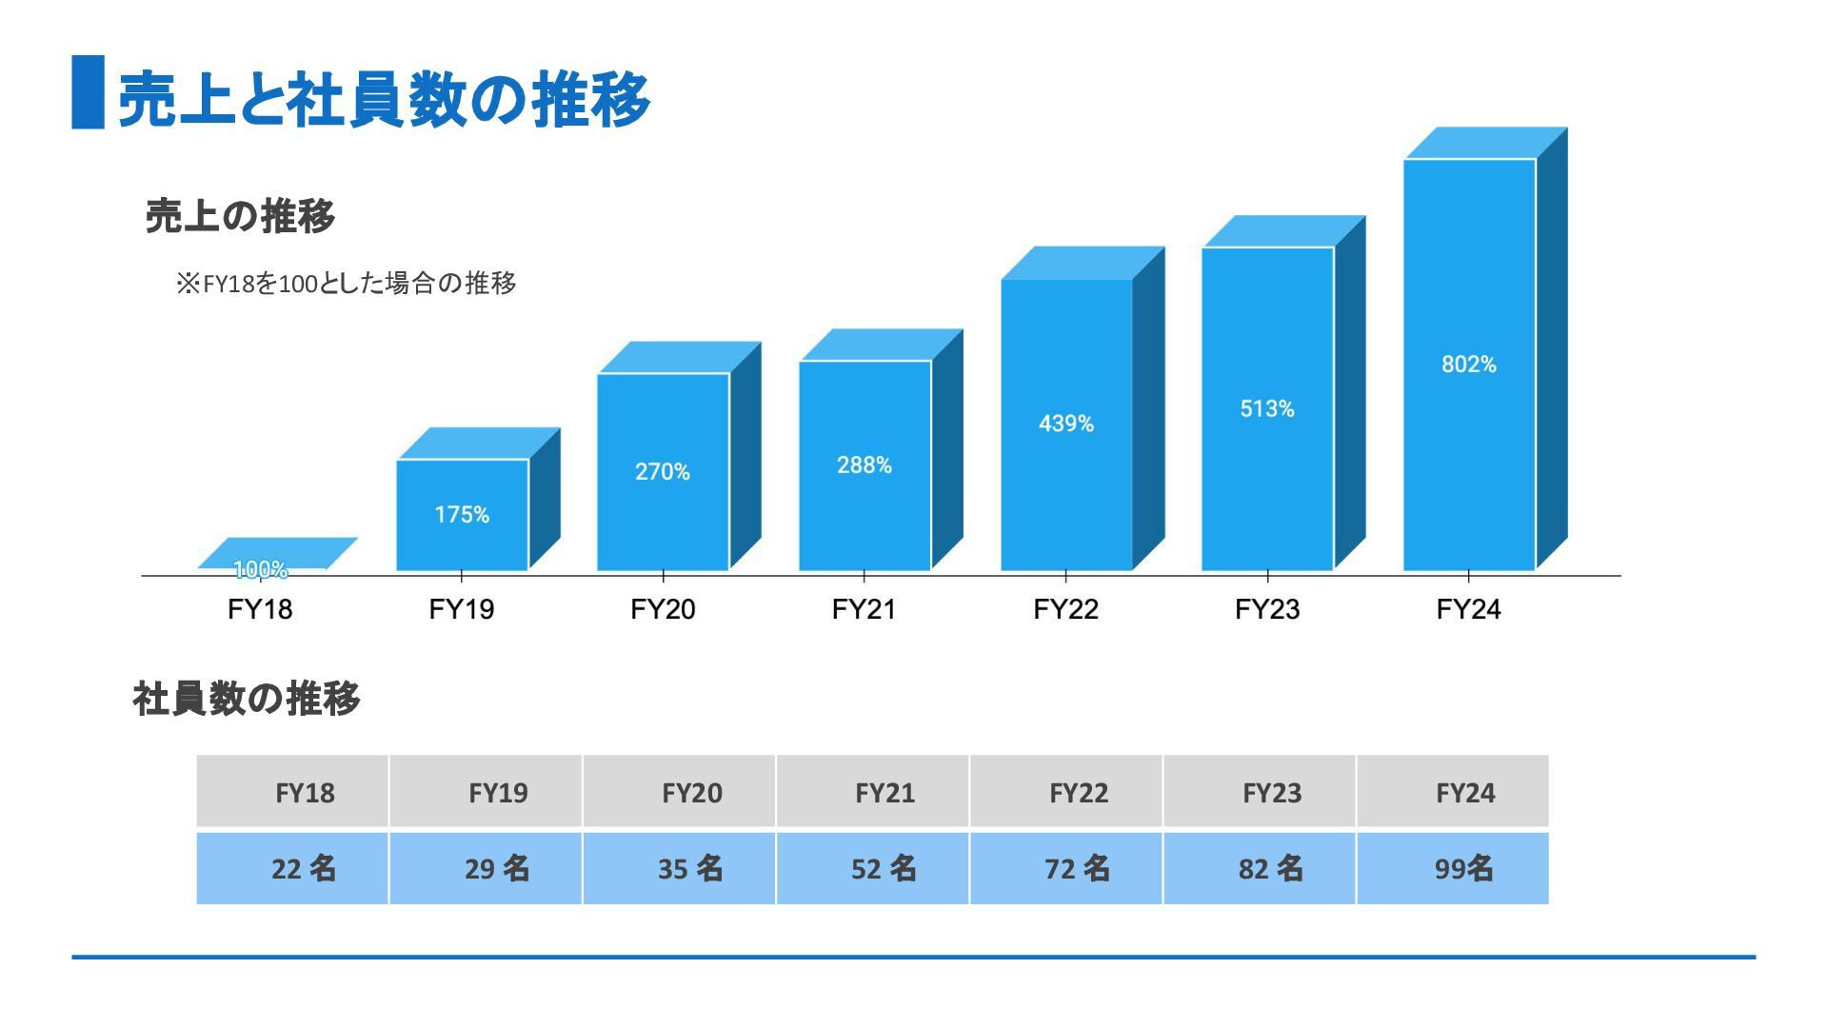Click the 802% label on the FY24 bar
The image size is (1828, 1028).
coord(1468,365)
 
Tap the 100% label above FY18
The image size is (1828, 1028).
coord(260,569)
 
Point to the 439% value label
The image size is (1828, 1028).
coord(1065,424)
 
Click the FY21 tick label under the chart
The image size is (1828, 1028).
coord(864,609)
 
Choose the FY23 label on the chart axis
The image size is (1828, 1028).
coord(1266,609)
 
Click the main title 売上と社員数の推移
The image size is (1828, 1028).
coord(384,98)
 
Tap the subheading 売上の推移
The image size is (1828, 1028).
coord(240,216)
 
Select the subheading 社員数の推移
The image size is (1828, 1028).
coord(247,699)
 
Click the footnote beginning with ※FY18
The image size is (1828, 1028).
coord(346,284)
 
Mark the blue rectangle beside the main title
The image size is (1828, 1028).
coord(88,91)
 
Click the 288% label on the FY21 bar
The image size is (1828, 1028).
coord(864,465)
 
